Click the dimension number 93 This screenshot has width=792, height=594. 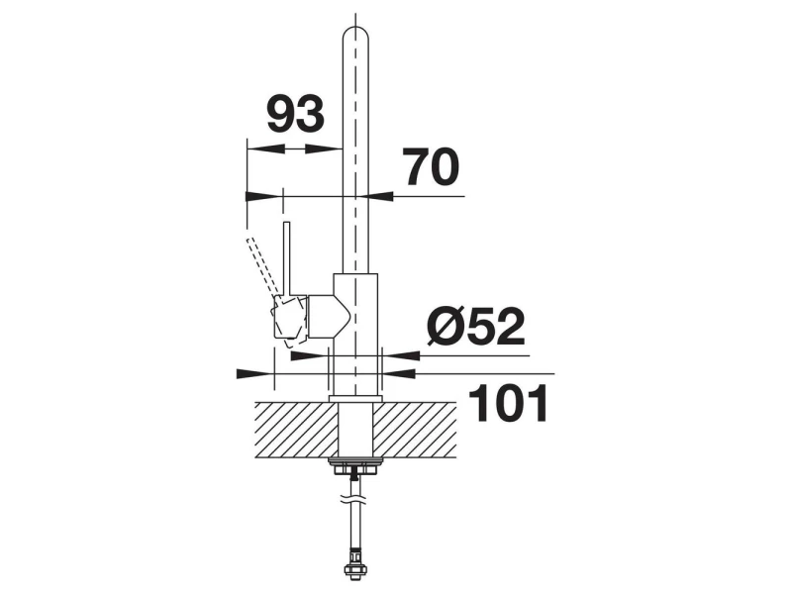click(295, 114)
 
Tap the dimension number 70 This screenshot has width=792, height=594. click(431, 167)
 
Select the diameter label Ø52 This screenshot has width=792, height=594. click(476, 327)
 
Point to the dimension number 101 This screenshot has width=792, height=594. click(508, 403)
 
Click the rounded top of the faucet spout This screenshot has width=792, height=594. click(355, 36)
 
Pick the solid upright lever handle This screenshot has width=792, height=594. click(287, 258)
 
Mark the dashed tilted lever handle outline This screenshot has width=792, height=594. click(262, 267)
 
